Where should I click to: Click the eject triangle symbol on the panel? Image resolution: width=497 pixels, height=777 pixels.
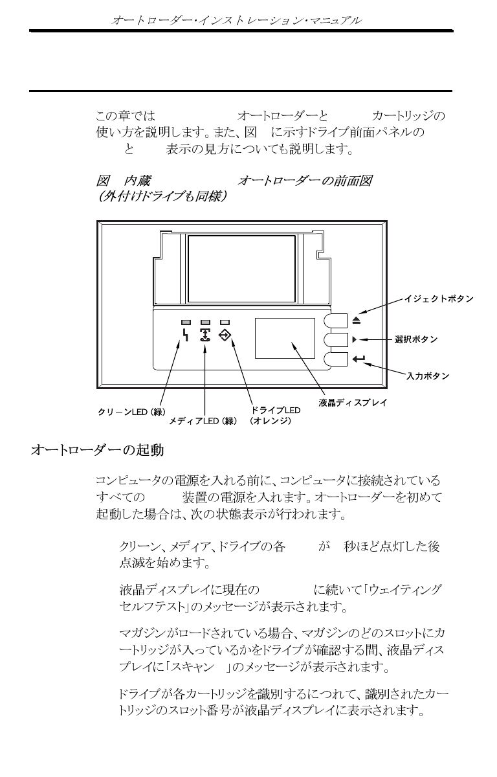pyautogui.click(x=357, y=320)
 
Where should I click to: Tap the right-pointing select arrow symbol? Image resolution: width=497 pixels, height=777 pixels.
pyautogui.click(x=355, y=339)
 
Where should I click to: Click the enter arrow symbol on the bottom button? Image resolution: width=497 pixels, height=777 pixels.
pyautogui.click(x=359, y=358)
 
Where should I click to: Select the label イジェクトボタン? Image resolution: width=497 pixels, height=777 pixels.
pyautogui.click(x=438, y=299)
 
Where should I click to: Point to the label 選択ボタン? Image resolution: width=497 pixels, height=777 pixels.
pyautogui.click(x=416, y=339)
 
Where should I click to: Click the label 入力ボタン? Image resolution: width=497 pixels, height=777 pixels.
pyautogui.click(x=427, y=376)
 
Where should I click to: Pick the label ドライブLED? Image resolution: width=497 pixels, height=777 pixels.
pyautogui.click(x=276, y=411)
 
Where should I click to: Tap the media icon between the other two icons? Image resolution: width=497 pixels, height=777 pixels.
pyautogui.click(x=205, y=335)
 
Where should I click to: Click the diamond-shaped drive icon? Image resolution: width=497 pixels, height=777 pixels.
pyautogui.click(x=225, y=335)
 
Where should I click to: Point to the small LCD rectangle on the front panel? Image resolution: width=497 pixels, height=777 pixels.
pyautogui.click(x=284, y=337)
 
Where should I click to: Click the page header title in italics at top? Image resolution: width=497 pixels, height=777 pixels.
pyautogui.click(x=236, y=21)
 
